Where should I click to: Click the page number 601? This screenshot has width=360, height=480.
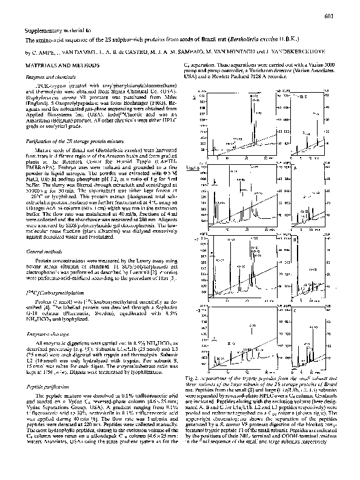click(346, 16)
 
